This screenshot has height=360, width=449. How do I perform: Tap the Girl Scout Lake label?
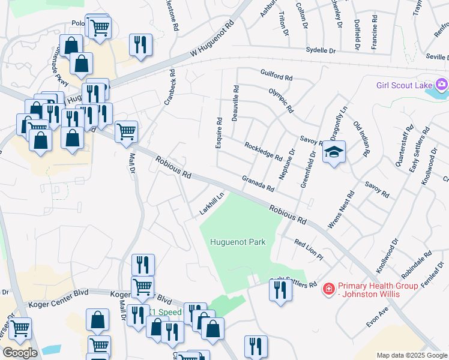(x=404, y=85)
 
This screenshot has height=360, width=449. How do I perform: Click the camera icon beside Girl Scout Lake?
(x=442, y=84)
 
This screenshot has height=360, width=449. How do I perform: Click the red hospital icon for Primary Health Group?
(x=328, y=290)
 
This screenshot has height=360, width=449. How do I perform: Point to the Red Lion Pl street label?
(x=309, y=249)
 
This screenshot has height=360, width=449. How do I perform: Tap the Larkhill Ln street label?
(x=212, y=203)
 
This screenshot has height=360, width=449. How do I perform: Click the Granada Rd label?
(x=258, y=184)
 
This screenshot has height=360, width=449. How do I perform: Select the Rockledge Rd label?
(x=263, y=151)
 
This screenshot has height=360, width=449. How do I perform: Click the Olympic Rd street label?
(x=281, y=101)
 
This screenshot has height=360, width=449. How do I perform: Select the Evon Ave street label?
(x=378, y=316)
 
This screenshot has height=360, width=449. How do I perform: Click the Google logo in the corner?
(x=20, y=353)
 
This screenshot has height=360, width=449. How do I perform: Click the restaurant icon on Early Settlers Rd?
(x=280, y=289)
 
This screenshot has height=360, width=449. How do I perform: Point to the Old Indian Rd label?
(x=361, y=139)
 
